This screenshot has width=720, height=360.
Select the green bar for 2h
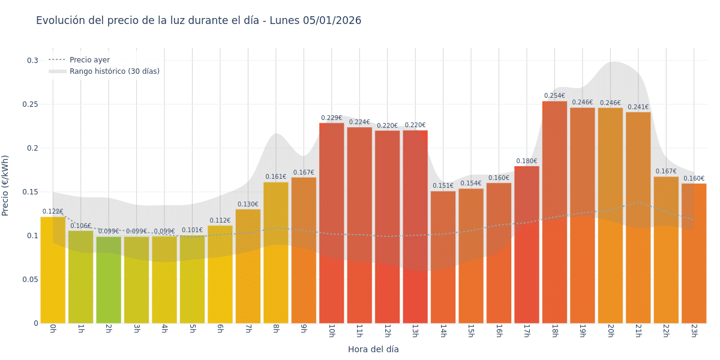click(x=109, y=280)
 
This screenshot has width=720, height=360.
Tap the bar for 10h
click(x=331, y=223)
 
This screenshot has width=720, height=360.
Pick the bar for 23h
click(x=694, y=253)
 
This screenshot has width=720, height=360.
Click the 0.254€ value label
click(x=554, y=96)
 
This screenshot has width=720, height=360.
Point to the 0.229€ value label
click(x=331, y=118)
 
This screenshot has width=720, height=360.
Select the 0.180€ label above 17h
click(x=526, y=161)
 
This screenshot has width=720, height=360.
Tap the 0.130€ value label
click(x=248, y=205)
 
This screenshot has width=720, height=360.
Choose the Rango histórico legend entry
click(x=114, y=71)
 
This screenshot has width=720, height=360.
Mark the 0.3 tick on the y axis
click(x=32, y=61)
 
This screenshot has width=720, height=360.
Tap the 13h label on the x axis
click(x=415, y=331)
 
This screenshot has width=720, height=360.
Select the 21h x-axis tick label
click(x=638, y=331)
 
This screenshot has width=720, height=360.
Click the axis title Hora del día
click(x=373, y=349)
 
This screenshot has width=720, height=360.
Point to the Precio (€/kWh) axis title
click(x=6, y=185)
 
